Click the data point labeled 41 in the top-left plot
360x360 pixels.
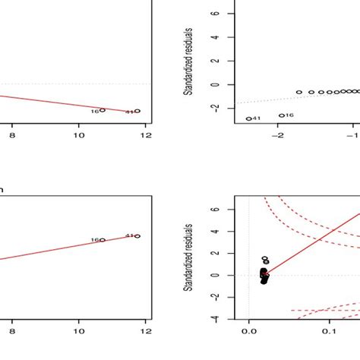click(137, 111)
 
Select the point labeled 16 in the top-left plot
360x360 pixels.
click(103, 111)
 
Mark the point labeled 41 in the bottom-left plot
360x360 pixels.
click(137, 236)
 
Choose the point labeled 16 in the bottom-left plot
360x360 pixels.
click(103, 240)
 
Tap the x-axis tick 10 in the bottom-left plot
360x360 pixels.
click(79, 331)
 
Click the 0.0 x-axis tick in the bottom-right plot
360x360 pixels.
click(249, 331)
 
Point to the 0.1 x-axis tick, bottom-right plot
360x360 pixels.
click(329, 331)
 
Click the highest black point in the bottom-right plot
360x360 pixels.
click(264, 259)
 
